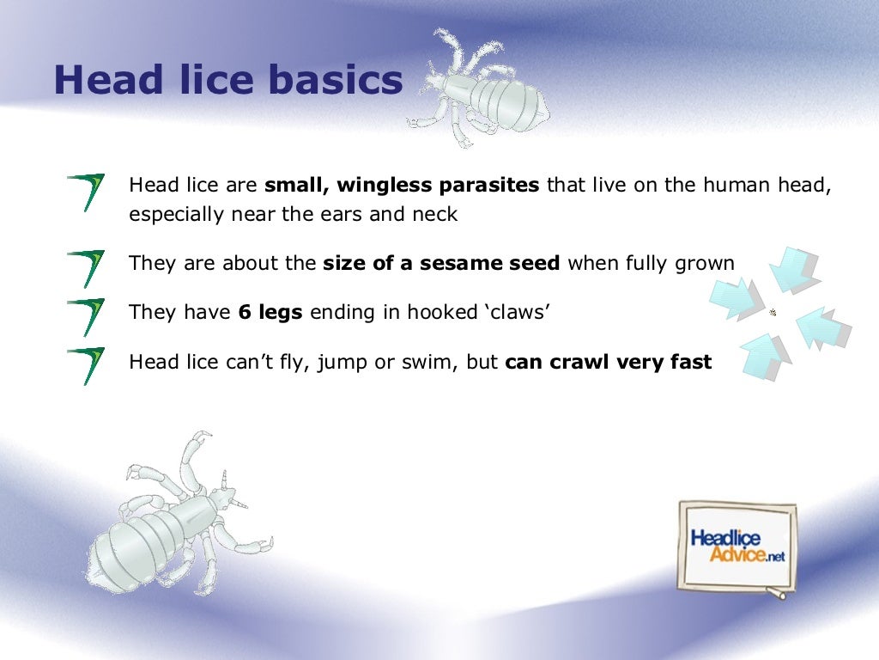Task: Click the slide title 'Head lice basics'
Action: [x=227, y=81]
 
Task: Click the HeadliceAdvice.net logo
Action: [x=737, y=547]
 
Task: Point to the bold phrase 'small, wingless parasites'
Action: [x=402, y=186]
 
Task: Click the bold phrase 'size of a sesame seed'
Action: [x=441, y=264]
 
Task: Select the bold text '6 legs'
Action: [x=270, y=313]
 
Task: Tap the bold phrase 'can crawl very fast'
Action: [x=609, y=362]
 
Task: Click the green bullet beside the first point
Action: [x=86, y=192]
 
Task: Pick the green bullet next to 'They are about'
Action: [x=86, y=267]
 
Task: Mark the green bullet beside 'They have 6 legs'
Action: [x=86, y=316]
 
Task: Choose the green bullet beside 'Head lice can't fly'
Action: [x=86, y=365]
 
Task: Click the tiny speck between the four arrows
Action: [x=773, y=313]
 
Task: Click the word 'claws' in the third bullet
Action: [x=518, y=313]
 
